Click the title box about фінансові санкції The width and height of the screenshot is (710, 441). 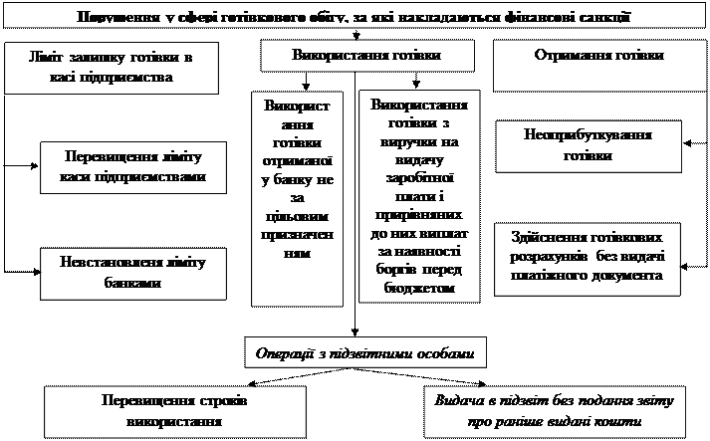355,17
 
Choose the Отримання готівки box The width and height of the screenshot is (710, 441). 599,57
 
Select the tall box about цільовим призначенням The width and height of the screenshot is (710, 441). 297,199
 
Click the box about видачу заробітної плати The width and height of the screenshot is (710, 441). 419,196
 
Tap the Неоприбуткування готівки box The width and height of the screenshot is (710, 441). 588,145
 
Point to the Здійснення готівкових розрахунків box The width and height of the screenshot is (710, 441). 589,258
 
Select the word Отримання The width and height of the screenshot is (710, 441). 572,57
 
